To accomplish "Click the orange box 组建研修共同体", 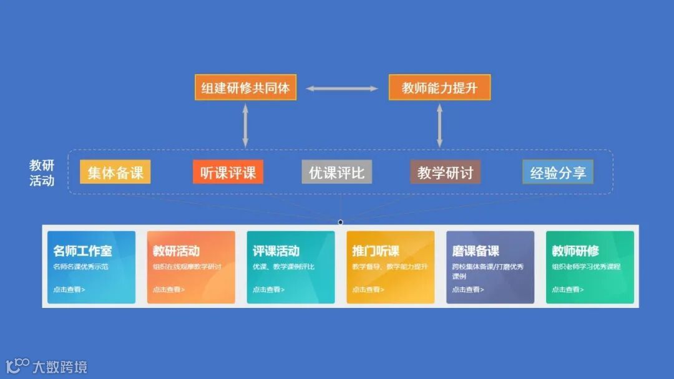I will pos(245,88).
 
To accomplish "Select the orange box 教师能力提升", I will pos(439,88).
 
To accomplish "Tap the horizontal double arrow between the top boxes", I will pos(342,89).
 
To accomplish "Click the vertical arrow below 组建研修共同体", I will pos(245,126).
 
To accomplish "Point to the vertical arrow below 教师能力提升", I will pos(439,126).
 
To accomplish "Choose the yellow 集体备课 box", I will pos(115,172).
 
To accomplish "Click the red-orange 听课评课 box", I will pos(228,172).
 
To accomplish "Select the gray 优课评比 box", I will pos(336,172).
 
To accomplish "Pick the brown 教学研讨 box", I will pos(445,172).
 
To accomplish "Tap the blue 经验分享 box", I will pos(558,172).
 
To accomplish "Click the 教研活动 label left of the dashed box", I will pos(42,173).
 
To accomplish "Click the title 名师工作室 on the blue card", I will pos(82,251).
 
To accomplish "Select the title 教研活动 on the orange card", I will pos(176,251).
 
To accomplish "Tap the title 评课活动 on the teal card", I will pos(276,251).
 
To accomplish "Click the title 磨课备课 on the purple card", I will pos(476,251).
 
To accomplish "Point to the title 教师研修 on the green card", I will pos(575,251).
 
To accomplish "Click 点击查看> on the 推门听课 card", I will pos(368,289).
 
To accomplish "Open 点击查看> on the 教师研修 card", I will pos(568,289).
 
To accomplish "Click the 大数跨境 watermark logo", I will pos(47,367).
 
